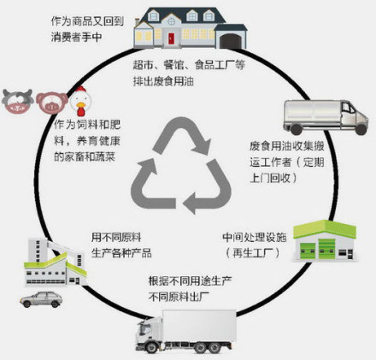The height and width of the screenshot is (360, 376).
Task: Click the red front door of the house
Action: tap(171, 38)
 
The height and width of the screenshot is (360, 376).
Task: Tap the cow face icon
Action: tap(18, 101)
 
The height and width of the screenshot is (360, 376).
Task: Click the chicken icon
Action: tap(80, 101)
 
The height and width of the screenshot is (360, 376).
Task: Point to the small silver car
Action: tap(41, 299)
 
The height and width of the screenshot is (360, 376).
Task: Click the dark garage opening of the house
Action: tap(231, 41)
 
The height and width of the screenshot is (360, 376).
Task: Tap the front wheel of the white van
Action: tap(361, 129)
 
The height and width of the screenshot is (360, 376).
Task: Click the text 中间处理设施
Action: tap(255, 237)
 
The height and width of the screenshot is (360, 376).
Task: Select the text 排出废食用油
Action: tap(163, 81)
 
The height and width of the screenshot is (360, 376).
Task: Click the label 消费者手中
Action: tap(76, 37)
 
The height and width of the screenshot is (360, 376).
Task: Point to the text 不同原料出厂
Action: tap(179, 298)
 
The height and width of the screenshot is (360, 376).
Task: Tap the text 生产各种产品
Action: tap(121, 253)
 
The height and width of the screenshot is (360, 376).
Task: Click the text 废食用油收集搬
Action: tap(287, 146)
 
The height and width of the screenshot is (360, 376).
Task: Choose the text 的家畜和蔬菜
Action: tap(85, 156)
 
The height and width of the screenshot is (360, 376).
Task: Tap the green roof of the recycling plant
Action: tap(325, 229)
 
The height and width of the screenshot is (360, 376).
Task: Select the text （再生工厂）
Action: tap(252, 253)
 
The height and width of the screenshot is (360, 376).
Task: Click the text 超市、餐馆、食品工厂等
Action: tap(189, 65)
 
